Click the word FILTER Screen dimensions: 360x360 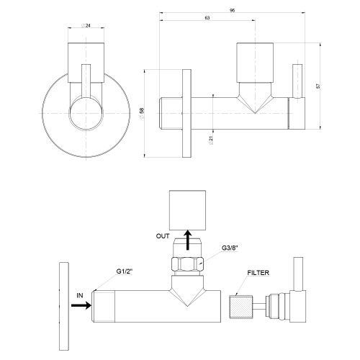tap(258, 274)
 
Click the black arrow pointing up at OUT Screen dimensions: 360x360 tap(186, 240)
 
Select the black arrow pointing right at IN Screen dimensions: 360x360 tap(81, 305)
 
